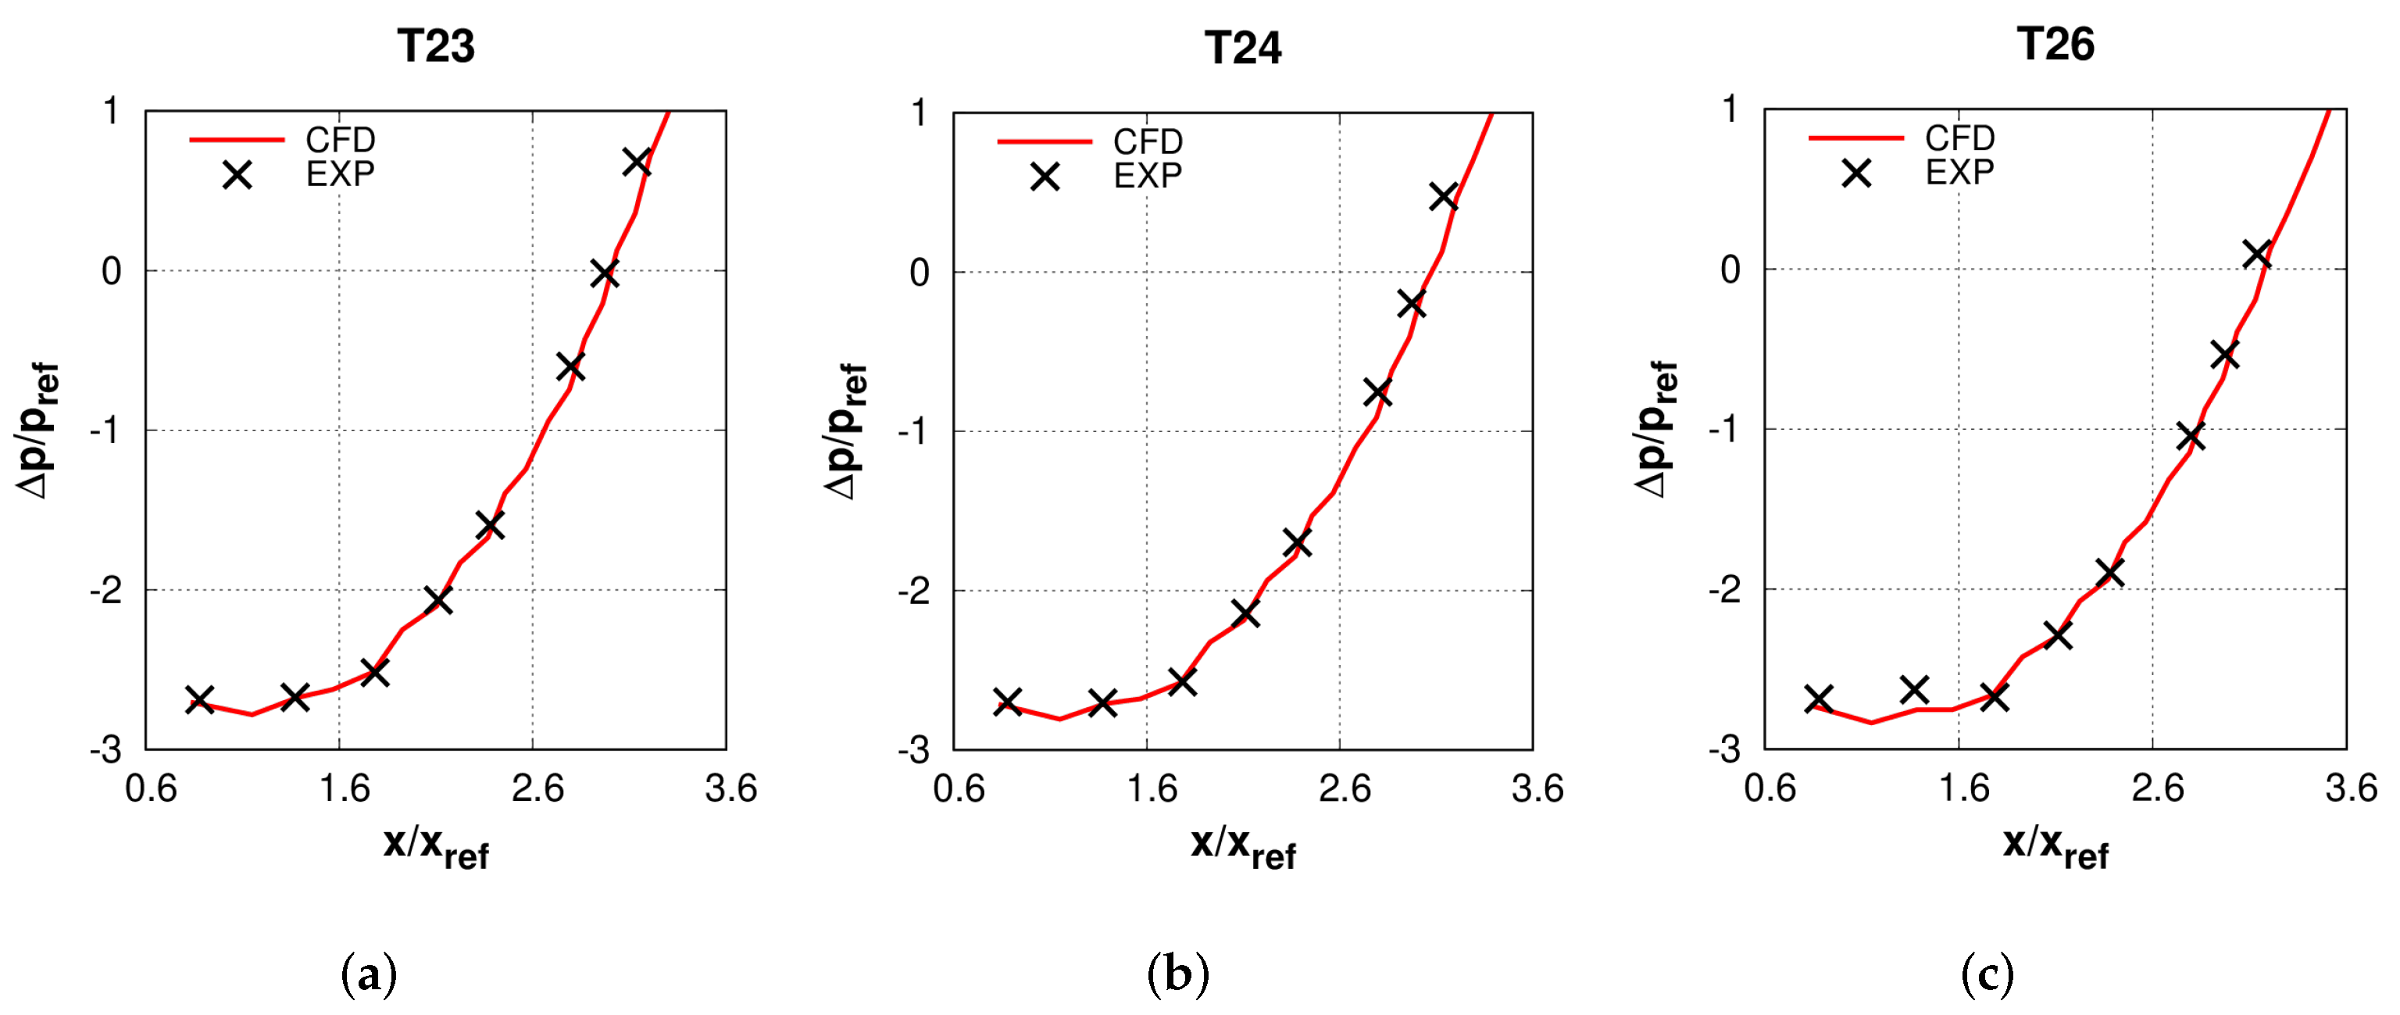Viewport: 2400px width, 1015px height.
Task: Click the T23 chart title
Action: click(436, 45)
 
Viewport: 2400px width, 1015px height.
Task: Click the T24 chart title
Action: click(1243, 48)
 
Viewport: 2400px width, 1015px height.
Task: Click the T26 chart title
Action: click(2055, 44)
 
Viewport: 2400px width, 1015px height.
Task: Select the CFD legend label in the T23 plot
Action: click(340, 140)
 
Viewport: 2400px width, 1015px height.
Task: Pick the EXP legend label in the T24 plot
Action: click(1147, 175)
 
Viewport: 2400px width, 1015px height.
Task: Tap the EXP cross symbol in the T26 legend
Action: click(1856, 173)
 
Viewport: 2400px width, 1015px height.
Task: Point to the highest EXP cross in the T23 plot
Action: click(637, 161)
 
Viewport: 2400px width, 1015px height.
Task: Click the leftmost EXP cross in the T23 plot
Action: click(199, 699)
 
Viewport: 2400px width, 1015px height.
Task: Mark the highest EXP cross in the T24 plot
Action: click(1443, 197)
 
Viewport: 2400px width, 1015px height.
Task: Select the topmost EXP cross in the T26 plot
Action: click(2256, 253)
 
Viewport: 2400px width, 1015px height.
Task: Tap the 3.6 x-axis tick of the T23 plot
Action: click(730, 789)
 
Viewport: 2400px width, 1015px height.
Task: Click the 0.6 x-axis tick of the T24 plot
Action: click(959, 789)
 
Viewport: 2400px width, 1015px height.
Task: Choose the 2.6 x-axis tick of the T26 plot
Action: click(2157, 788)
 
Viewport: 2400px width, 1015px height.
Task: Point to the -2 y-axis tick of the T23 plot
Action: click(106, 590)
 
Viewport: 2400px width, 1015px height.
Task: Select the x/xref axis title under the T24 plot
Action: click(1243, 847)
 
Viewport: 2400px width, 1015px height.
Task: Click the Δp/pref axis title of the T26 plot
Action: click(1656, 429)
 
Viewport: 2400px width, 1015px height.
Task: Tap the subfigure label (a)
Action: click(369, 975)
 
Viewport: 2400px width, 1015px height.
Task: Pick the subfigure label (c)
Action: click(1987, 975)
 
